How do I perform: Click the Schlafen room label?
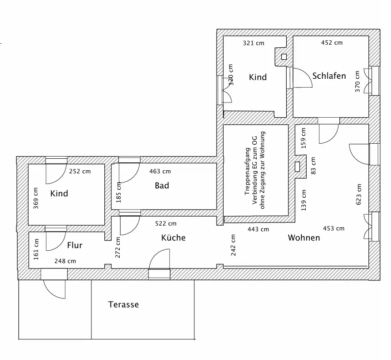329,76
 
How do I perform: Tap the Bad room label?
162,186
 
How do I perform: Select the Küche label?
173,238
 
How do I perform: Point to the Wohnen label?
304,238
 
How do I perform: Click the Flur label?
75,245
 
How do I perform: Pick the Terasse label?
123,305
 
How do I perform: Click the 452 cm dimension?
331,43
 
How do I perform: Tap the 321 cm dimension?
254,43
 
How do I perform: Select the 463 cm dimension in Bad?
160,171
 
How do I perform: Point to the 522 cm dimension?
166,224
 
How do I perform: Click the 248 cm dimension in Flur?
65,261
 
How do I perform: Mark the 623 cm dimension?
359,194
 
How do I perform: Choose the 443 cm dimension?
258,229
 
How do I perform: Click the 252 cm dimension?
80,171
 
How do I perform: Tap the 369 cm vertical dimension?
36,198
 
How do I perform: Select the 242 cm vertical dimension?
233,245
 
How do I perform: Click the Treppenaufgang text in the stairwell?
247,172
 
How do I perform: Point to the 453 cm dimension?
334,229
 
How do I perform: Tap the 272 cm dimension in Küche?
118,247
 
